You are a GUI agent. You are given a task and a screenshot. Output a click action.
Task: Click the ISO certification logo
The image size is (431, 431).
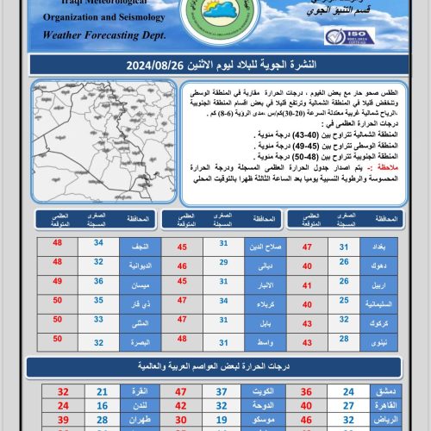[x=349, y=36]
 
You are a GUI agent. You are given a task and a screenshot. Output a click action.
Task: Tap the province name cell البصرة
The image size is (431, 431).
[x=134, y=342]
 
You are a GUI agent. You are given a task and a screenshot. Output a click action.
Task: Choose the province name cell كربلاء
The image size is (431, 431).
[x=257, y=303]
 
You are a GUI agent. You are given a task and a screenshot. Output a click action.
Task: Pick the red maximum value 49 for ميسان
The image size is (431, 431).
[x=58, y=281]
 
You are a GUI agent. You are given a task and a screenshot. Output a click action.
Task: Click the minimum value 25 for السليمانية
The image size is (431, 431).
[x=344, y=303]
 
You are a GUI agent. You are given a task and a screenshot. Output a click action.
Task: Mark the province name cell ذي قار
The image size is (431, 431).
[x=134, y=303]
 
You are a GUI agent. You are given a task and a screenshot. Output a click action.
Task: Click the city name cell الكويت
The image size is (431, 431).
[x=257, y=390]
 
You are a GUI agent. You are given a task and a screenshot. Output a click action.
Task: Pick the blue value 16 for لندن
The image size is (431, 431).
[x=102, y=404]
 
